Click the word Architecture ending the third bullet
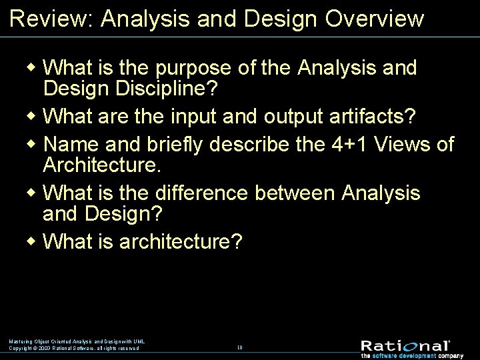(101, 165)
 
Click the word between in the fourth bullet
(295, 193)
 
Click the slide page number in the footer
(239, 347)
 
